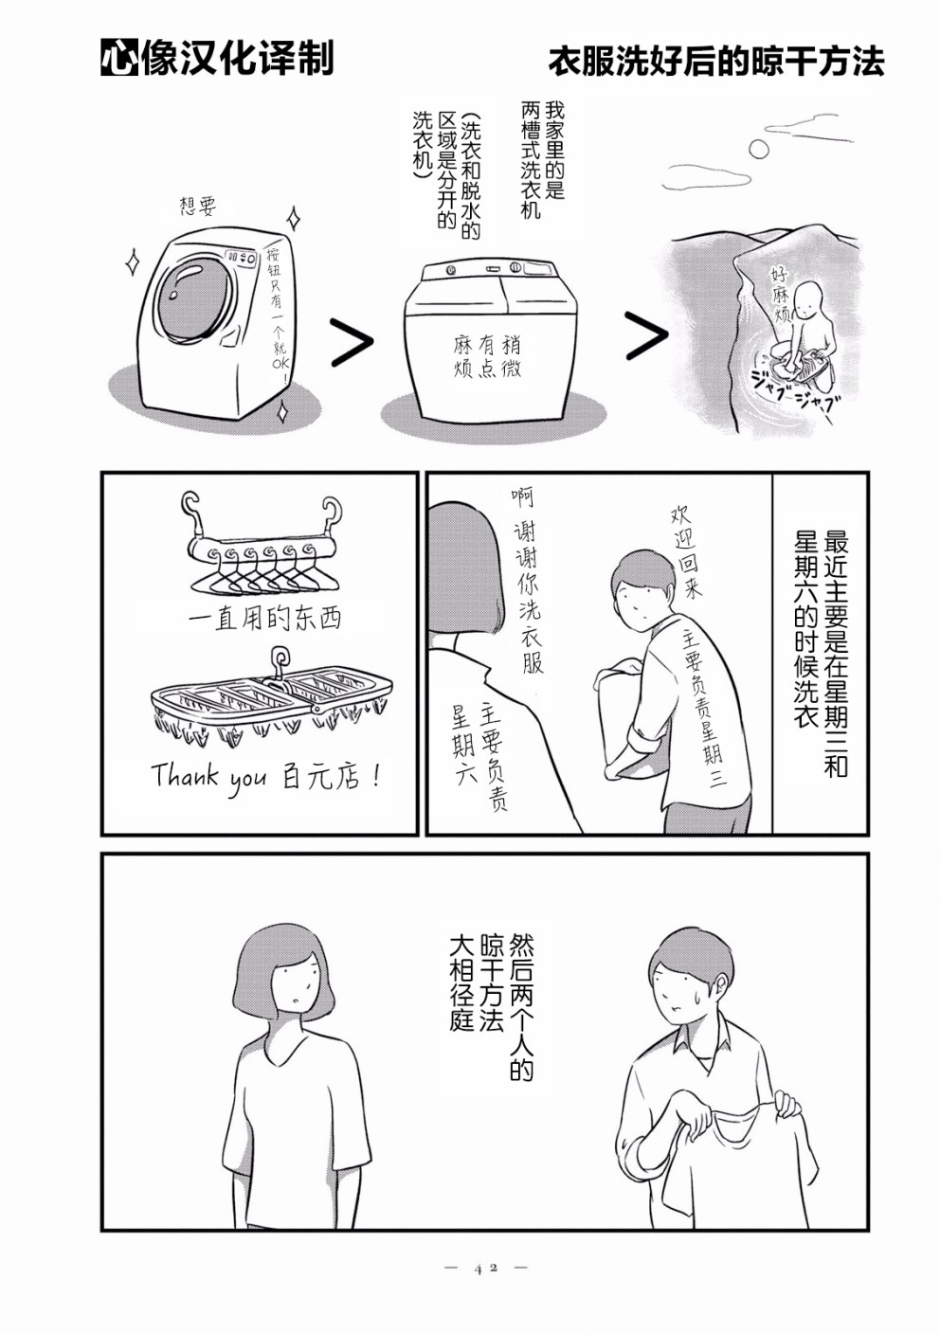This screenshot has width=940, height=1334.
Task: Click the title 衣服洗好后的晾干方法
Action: (x=715, y=62)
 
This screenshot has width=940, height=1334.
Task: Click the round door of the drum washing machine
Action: (x=194, y=297)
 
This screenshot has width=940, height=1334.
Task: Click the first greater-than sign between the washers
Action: (x=350, y=342)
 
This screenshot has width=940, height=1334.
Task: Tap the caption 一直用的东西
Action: (x=264, y=620)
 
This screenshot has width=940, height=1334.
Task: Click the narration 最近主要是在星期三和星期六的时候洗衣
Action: (x=821, y=654)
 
